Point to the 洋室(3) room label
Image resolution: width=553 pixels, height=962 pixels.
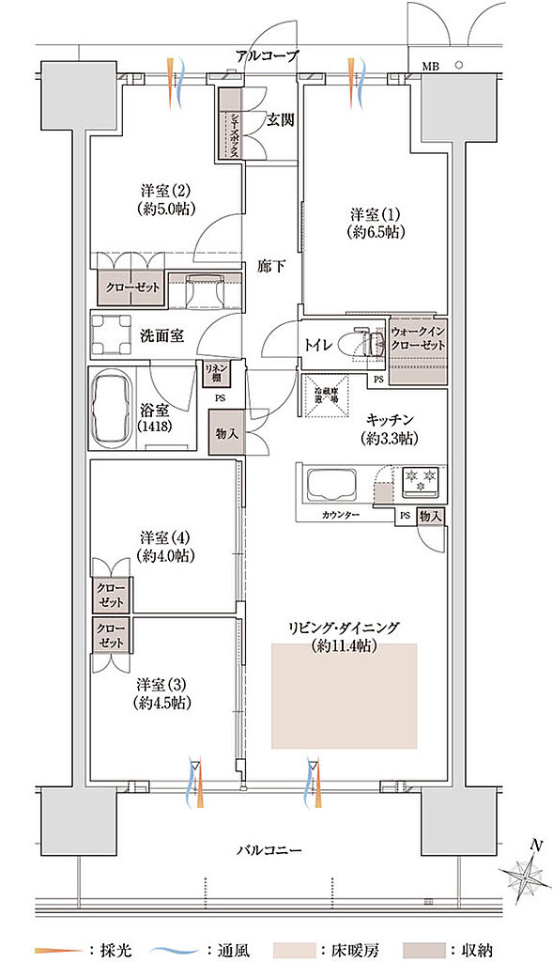pos(165,690)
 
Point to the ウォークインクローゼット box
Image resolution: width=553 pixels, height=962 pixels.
pos(418,344)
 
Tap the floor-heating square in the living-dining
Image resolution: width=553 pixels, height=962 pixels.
pos(344,695)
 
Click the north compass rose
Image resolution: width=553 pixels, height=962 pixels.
pos(528,877)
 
